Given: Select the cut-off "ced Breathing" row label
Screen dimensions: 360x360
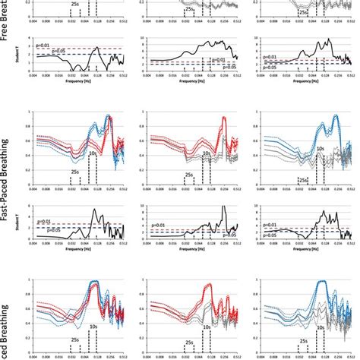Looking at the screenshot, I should pos(7,330).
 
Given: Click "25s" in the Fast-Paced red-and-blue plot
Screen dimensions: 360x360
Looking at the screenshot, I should pos(74,172).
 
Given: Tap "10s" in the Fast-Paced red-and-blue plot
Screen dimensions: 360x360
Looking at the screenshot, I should pos(92,153).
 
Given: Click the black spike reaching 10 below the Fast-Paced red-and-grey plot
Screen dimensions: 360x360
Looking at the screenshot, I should pos(223,207).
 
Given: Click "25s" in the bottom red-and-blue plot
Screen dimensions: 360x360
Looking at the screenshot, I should pos(74,339).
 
